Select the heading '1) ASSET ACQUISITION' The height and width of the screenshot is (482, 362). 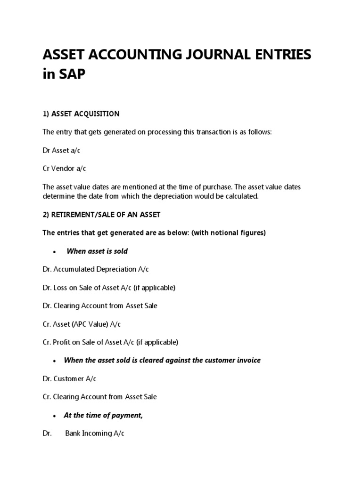point(81,114)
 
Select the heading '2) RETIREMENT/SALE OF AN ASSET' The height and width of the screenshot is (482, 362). point(101,215)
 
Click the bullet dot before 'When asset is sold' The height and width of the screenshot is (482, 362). point(55,252)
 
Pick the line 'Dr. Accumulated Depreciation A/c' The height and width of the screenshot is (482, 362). point(96,269)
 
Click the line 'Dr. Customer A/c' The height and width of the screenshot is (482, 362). point(69,378)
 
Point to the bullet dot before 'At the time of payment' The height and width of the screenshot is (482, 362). point(55,416)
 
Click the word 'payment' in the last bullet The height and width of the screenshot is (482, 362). point(127,415)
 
